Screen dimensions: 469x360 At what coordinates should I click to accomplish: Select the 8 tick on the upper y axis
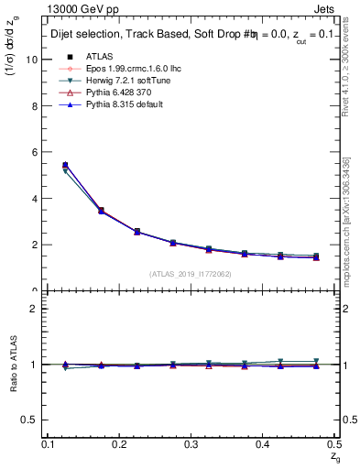click(35, 106)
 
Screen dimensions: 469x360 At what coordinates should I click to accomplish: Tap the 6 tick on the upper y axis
click(35, 152)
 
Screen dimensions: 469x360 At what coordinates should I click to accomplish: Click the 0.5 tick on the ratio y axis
click(31, 420)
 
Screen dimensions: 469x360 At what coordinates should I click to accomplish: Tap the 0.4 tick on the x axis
click(264, 444)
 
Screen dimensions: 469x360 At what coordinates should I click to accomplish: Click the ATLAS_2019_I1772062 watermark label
click(191, 274)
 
